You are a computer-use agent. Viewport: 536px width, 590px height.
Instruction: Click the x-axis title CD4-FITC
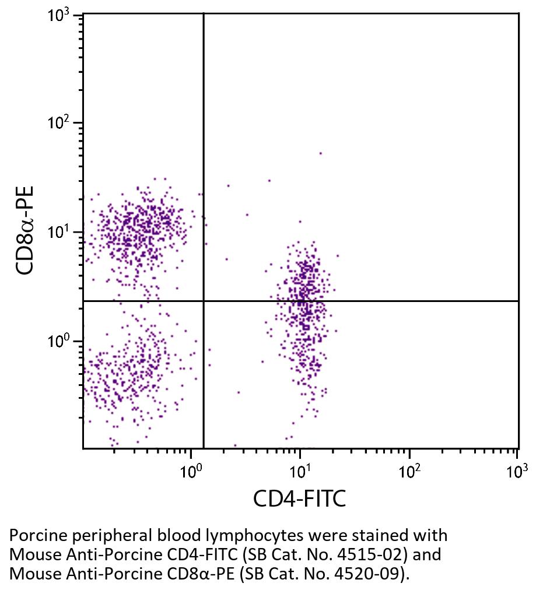tap(299, 499)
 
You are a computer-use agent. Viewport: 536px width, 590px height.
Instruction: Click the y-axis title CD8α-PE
tap(25, 230)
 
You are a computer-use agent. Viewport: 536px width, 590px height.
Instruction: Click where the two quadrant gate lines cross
tap(204, 301)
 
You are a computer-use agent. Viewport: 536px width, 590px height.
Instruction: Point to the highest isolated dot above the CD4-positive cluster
tap(320, 153)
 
